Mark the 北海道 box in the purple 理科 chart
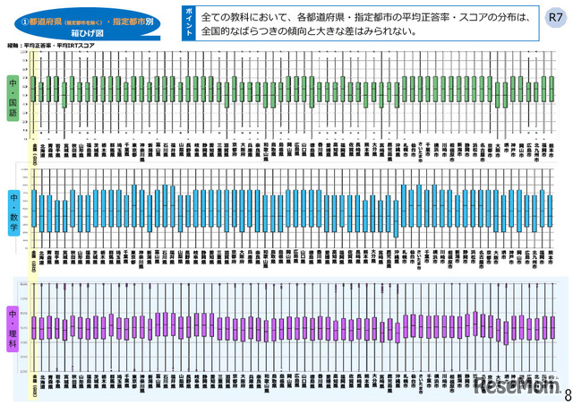pyautogui.click(x=44, y=328)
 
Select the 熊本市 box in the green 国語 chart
pyautogui.click(x=550, y=89)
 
